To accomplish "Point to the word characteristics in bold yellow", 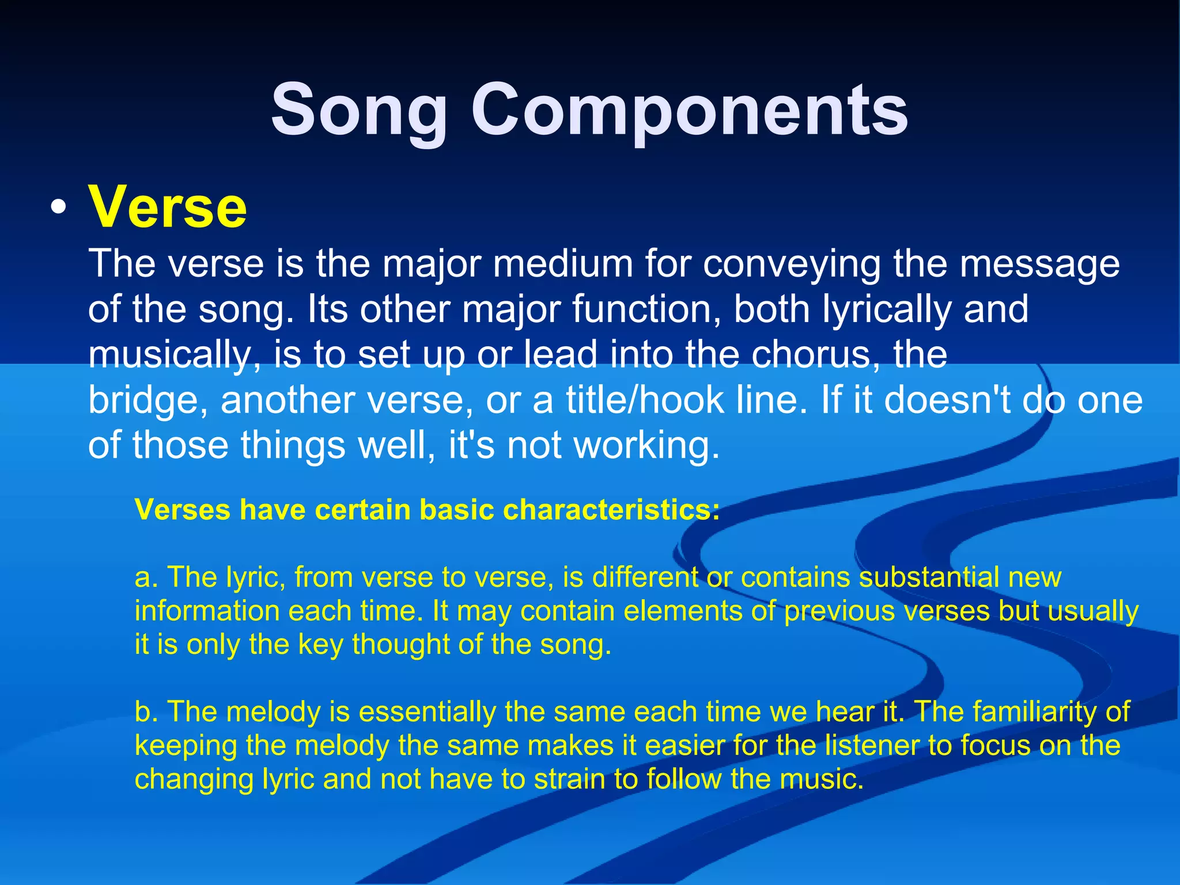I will pos(611,509).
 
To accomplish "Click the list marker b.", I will pos(146,712).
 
